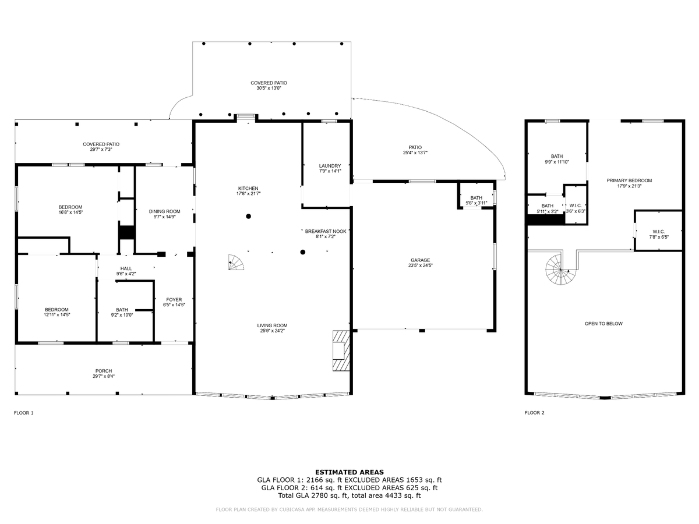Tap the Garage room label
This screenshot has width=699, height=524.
(x=420, y=263)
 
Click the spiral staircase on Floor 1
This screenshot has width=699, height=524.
(x=236, y=263)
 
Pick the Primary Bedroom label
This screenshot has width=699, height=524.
(x=629, y=183)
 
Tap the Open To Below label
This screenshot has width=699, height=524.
(x=603, y=323)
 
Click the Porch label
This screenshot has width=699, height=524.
(x=104, y=373)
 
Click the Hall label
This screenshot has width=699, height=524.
(x=126, y=270)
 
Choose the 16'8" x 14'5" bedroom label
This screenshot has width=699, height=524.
(x=70, y=210)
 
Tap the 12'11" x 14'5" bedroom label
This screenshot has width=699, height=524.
(x=57, y=312)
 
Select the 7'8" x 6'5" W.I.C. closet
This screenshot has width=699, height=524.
(x=658, y=233)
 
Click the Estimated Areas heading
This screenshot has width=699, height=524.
(x=349, y=472)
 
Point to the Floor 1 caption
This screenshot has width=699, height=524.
(x=24, y=413)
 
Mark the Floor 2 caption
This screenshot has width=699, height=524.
(x=534, y=413)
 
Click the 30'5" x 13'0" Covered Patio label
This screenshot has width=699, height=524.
(x=269, y=86)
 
